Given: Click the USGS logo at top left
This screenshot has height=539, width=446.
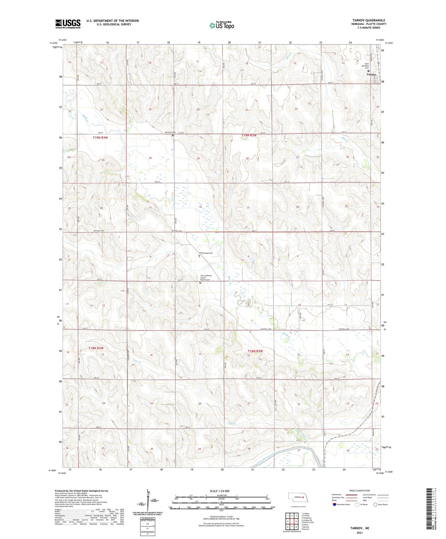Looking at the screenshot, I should pos(68,23).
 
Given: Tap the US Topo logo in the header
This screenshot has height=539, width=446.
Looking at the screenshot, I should pos(222,25).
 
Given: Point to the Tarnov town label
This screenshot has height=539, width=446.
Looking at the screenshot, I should pos(371,75).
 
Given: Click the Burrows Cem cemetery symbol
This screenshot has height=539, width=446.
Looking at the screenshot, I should pos(173,135).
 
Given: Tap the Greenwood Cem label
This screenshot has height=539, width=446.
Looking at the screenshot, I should pos(206,253).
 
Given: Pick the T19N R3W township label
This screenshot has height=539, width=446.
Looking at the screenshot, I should pos(100,138).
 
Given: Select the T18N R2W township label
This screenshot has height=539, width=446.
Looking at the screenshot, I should pos(255,351).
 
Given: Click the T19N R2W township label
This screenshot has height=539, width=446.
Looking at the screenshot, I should pos(249,135).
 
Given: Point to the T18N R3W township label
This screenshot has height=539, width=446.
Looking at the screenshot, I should pos(96,348).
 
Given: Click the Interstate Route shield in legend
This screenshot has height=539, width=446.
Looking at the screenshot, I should pos(335,504).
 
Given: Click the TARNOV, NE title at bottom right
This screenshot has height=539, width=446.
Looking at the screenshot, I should pos(360,528).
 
